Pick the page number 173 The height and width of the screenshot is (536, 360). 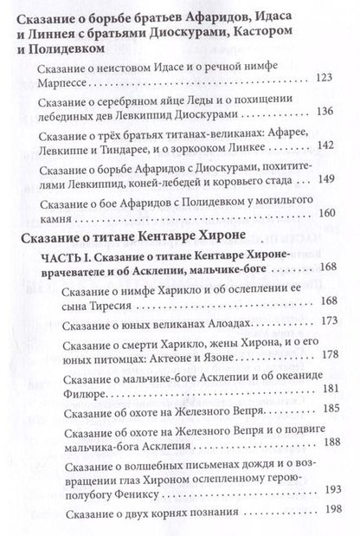point(330,320)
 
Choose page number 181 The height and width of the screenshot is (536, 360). point(330,387)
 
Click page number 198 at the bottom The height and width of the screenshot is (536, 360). point(330,510)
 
